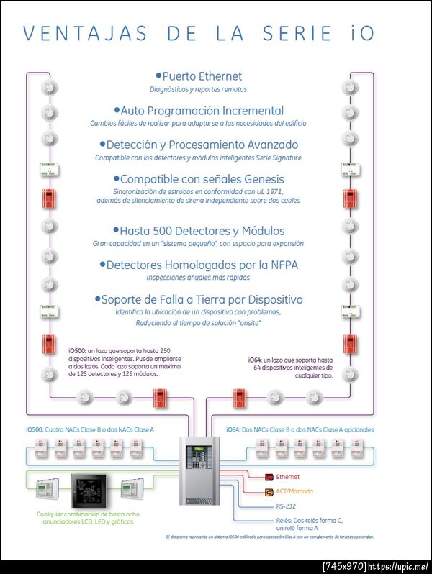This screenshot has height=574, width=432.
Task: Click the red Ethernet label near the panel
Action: click(x=288, y=477)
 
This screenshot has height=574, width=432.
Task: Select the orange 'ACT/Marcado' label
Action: click(x=294, y=492)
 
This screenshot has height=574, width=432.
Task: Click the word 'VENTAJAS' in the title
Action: click(x=86, y=34)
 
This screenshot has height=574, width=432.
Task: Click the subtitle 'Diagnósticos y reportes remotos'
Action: click(x=198, y=90)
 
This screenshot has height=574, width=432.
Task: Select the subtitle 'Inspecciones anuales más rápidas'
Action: click(x=199, y=278)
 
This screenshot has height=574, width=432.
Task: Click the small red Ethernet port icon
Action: click(x=269, y=477)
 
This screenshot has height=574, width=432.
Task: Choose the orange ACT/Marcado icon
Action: click(x=269, y=492)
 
